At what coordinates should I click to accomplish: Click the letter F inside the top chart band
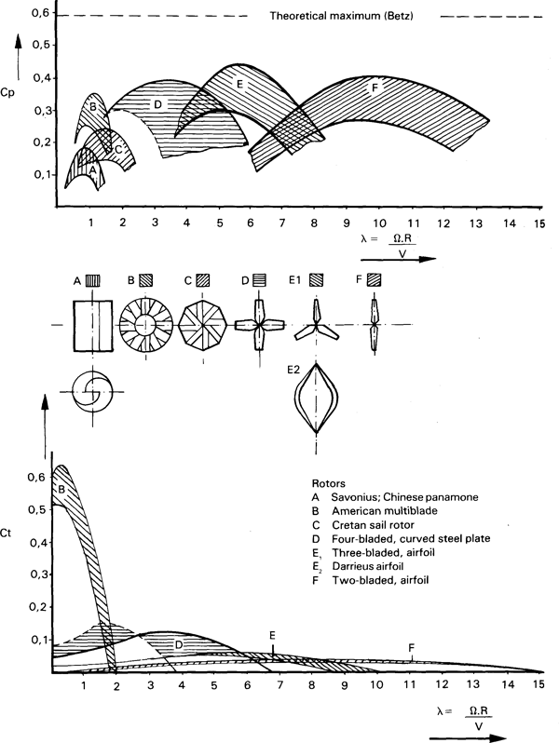click(375, 88)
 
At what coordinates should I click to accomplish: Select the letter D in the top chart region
click(158, 104)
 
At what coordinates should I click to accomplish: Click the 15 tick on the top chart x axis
click(539, 223)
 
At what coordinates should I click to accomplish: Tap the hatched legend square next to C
click(202, 279)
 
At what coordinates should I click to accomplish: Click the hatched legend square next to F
click(374, 278)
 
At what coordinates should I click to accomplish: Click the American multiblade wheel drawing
click(149, 326)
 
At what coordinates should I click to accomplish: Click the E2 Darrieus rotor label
click(294, 370)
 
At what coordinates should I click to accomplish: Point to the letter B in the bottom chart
click(61, 488)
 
